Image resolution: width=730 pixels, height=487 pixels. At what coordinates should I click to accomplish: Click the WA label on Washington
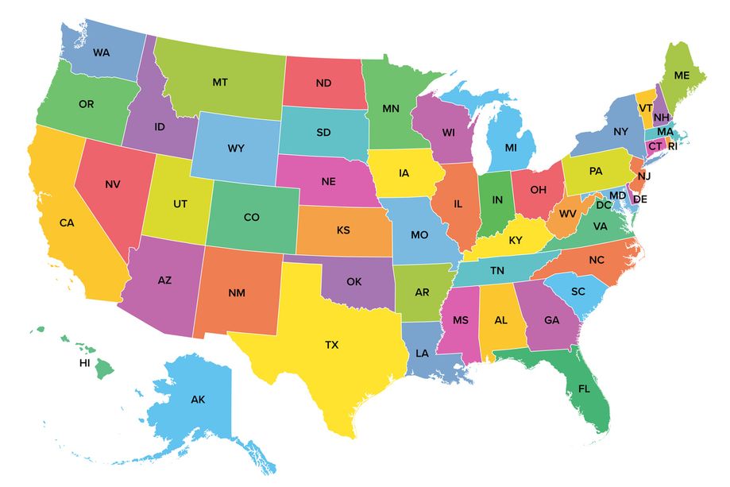click(x=101, y=52)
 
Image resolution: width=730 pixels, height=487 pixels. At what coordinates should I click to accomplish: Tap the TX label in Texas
click(x=331, y=345)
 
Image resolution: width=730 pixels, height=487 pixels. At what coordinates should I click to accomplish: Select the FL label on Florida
click(x=584, y=390)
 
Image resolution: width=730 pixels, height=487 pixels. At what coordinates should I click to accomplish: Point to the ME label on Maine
click(x=682, y=75)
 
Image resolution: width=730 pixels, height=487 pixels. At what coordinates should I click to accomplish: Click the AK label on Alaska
click(x=198, y=400)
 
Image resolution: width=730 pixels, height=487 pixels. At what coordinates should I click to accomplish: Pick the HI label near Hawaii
click(x=84, y=362)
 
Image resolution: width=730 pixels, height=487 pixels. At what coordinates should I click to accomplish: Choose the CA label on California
click(x=67, y=223)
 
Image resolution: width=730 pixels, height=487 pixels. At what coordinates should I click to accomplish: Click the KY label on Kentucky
click(x=516, y=240)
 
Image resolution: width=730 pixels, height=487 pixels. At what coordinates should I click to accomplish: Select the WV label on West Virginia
click(x=568, y=215)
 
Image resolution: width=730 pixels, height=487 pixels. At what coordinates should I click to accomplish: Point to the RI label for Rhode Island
click(x=672, y=146)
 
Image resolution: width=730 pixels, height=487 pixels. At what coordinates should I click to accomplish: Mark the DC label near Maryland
click(x=604, y=205)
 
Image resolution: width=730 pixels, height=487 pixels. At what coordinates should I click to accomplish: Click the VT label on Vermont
click(x=645, y=107)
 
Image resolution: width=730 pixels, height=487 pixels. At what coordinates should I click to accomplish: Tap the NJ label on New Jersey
click(x=643, y=175)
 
